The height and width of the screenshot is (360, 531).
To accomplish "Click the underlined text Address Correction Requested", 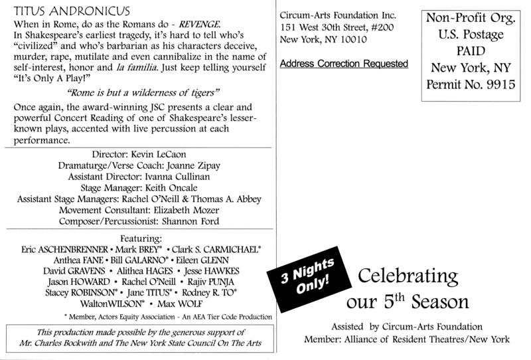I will coord(344,64).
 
